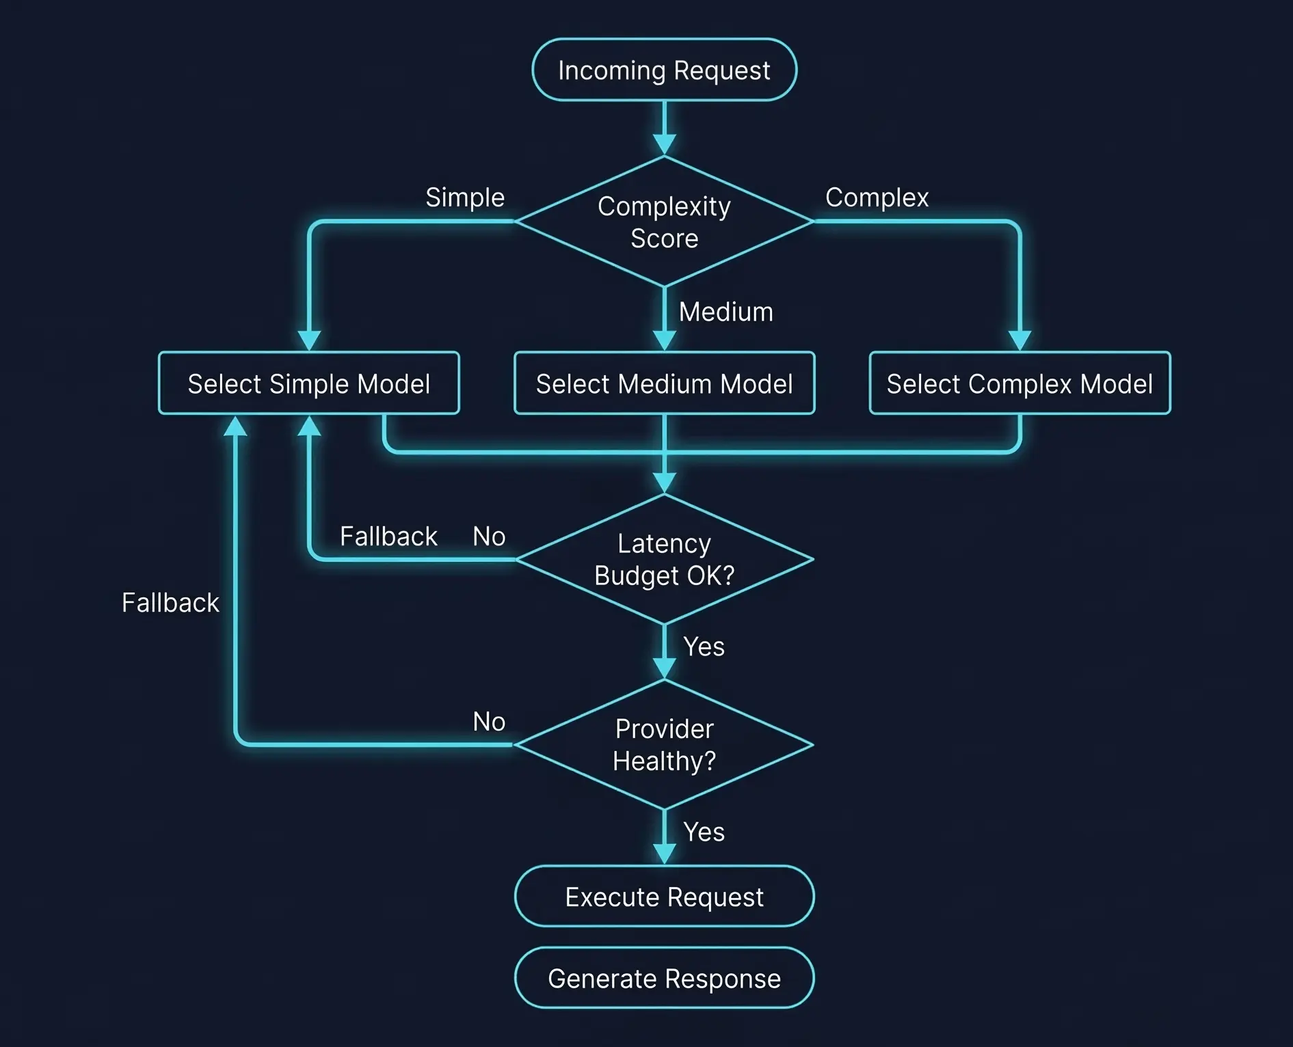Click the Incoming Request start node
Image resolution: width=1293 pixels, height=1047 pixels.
click(x=664, y=70)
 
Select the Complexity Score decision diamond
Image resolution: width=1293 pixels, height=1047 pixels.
click(x=664, y=221)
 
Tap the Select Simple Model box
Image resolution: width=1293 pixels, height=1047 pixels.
click(x=308, y=383)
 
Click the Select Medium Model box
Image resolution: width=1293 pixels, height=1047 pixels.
click(x=664, y=383)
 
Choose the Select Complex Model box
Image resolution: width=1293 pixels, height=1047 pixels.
click(x=1019, y=383)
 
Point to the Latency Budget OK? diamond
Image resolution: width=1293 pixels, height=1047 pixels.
click(x=664, y=559)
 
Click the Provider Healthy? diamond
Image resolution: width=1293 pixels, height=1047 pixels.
click(x=664, y=744)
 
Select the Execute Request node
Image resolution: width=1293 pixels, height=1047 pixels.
click(x=664, y=897)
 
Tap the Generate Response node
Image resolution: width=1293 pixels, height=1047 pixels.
click(x=664, y=978)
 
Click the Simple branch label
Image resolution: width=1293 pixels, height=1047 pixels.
click(x=465, y=198)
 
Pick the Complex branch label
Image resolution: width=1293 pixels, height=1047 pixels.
click(x=877, y=198)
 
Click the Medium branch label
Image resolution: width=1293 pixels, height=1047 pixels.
click(x=725, y=312)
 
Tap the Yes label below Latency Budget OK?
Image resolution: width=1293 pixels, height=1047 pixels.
click(x=704, y=647)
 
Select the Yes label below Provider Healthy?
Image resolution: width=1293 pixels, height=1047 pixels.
click(x=704, y=832)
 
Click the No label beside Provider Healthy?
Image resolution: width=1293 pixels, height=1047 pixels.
click(x=489, y=722)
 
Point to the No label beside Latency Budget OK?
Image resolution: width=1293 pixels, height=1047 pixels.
click(x=489, y=536)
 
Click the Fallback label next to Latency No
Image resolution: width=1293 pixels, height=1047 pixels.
click(x=388, y=536)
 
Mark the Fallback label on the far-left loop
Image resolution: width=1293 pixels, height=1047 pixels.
click(x=170, y=603)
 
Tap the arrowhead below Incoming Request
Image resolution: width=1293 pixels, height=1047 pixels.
click(x=664, y=144)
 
